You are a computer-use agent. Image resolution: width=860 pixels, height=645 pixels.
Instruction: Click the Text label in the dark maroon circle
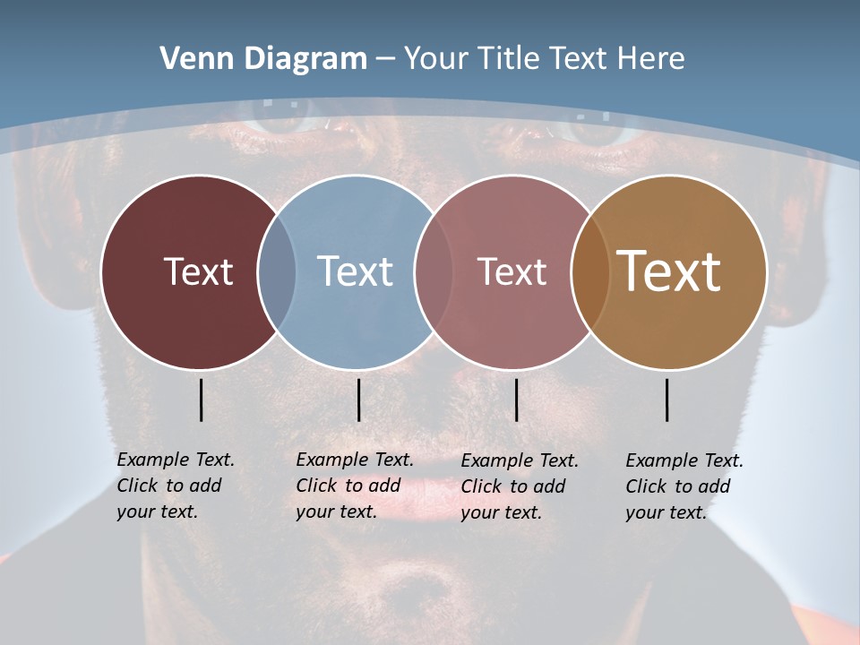(198, 271)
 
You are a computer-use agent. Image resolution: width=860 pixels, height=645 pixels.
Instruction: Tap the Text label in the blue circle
(356, 271)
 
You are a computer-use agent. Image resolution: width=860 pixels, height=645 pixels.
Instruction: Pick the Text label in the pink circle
(512, 271)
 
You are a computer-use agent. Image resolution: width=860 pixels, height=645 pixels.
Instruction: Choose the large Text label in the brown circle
(669, 271)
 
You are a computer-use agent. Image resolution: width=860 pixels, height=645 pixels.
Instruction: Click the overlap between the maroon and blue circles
(277, 272)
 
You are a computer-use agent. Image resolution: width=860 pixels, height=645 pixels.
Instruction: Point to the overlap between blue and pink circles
(434, 272)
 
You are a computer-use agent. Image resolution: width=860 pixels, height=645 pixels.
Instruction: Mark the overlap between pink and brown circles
(590, 272)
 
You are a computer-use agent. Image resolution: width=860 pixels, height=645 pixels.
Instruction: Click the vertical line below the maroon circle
(201, 400)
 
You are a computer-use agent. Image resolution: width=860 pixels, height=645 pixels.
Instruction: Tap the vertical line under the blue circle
(358, 400)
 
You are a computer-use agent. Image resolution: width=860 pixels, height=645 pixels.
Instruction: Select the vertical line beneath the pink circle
(516, 400)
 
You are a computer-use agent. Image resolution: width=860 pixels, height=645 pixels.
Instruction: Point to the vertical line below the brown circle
(667, 400)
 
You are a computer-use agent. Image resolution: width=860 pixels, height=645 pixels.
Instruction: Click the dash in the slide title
(385, 60)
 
